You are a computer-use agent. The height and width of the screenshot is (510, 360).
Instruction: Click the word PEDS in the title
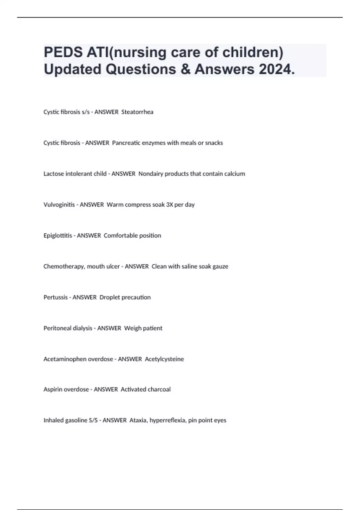[x=63, y=52]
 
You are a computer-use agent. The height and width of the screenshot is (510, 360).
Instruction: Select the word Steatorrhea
[x=137, y=112]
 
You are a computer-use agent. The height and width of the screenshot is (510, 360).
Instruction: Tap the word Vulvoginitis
[x=59, y=205]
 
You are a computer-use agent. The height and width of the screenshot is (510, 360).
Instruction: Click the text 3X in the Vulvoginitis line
[x=169, y=205]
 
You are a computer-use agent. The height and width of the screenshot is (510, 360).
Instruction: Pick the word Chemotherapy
[x=64, y=266]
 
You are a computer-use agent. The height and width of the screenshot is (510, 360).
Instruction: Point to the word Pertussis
[x=55, y=297]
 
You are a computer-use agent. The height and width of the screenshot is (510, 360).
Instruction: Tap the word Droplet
[x=109, y=297]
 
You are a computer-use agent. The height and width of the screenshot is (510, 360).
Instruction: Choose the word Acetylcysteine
[x=164, y=359]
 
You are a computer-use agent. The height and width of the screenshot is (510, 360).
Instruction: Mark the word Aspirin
[x=53, y=389]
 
